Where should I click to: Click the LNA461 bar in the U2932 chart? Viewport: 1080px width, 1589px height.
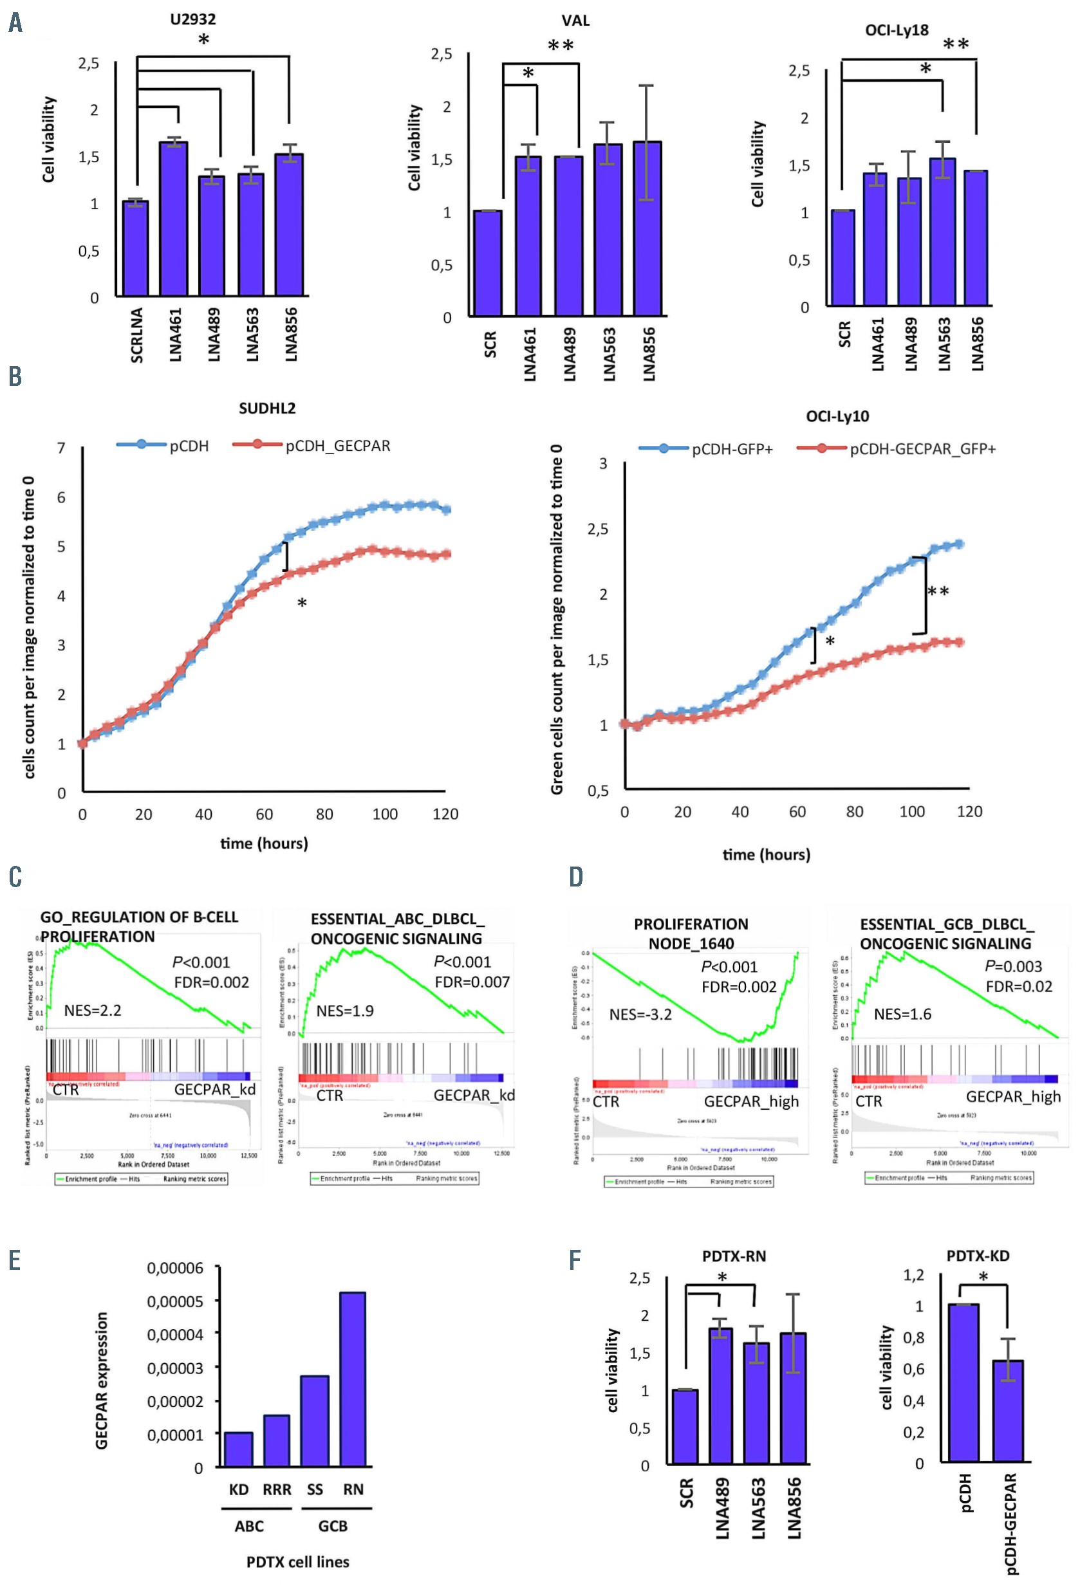click(173, 219)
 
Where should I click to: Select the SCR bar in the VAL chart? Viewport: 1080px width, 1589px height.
click(488, 263)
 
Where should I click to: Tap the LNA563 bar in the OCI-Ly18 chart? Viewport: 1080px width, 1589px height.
click(942, 232)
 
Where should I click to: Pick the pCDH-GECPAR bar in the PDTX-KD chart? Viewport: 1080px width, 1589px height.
click(1007, 1411)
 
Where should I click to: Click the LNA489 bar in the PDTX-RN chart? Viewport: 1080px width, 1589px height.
click(720, 1395)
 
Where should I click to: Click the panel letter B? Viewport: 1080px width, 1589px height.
click(15, 376)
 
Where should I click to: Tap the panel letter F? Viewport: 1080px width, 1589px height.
click(575, 1260)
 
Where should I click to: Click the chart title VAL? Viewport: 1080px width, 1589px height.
click(575, 21)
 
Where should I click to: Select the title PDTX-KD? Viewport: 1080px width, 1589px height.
click(978, 1256)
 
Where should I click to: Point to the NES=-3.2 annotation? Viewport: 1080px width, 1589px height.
click(640, 1014)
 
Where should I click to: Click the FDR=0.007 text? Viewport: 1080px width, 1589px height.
click(472, 982)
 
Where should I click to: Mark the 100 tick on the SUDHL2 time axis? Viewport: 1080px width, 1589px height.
click(384, 814)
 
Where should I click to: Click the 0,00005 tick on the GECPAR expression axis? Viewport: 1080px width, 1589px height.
click(175, 1301)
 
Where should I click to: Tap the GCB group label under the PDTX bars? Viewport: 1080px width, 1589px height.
click(333, 1526)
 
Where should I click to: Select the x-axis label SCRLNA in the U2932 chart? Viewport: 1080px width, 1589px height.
click(137, 335)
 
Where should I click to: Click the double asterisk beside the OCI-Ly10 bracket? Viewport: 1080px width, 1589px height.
click(938, 591)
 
